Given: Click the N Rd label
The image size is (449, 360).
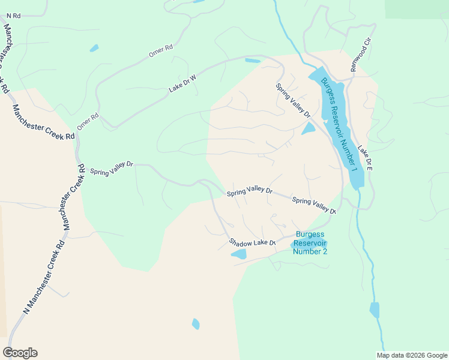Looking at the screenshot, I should click(13, 16).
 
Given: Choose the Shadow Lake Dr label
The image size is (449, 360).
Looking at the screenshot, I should click(252, 242).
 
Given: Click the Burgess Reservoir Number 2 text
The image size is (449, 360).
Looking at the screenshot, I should click(310, 242).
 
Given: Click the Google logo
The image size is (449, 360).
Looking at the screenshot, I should click(20, 353).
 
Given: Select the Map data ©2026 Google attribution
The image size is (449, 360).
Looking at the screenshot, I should click(411, 355).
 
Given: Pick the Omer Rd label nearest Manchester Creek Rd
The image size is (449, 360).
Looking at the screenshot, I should click(87, 122).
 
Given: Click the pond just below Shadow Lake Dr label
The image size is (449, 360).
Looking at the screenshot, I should click(239, 254).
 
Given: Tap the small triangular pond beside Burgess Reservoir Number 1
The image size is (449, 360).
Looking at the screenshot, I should click(309, 129).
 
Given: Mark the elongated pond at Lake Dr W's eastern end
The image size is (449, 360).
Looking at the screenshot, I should click(253, 61).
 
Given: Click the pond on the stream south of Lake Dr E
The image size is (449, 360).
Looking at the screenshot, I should click(375, 310).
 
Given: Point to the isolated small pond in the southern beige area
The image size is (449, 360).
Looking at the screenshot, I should click(196, 324).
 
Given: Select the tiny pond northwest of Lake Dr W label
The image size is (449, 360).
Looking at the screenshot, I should click(94, 48).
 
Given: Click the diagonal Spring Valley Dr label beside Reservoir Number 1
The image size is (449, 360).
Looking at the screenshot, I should click(293, 100).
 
